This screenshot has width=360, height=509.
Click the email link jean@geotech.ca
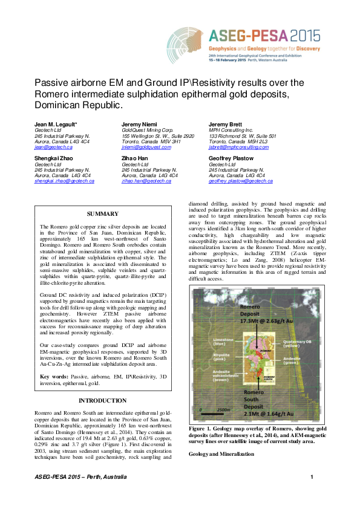[x=47, y=148]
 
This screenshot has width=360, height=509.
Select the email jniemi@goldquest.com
[x=146, y=148]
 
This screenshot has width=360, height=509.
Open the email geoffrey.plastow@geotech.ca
[x=240, y=181]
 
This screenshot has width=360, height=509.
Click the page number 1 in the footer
[x=312, y=478]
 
